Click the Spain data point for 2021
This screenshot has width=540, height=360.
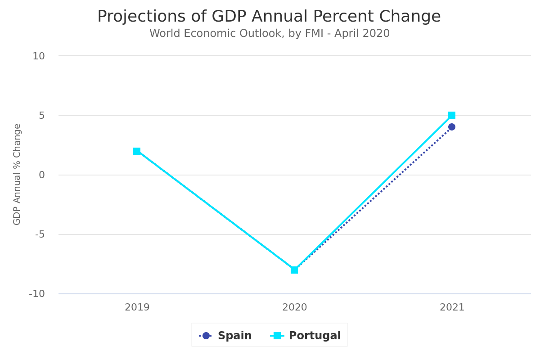click(x=451, y=127)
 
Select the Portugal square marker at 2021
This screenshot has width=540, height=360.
click(x=452, y=115)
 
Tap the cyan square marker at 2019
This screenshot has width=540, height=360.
click(x=137, y=151)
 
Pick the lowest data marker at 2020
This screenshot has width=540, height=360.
click(x=294, y=270)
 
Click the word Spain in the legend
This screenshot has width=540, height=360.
click(x=234, y=336)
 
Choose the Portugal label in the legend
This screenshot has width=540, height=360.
click(x=315, y=336)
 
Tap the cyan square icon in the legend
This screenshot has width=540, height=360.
click(x=277, y=336)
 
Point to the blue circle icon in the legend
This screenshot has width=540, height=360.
click(x=206, y=336)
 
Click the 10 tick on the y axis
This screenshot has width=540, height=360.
click(x=39, y=56)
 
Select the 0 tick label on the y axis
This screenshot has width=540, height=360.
click(x=42, y=175)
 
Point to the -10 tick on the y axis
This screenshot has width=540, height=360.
click(x=37, y=294)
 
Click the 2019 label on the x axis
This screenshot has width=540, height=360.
click(x=137, y=307)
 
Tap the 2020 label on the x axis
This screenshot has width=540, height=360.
click(x=294, y=307)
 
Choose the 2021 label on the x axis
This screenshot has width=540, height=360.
click(x=452, y=307)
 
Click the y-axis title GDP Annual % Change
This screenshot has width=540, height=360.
click(x=17, y=174)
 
